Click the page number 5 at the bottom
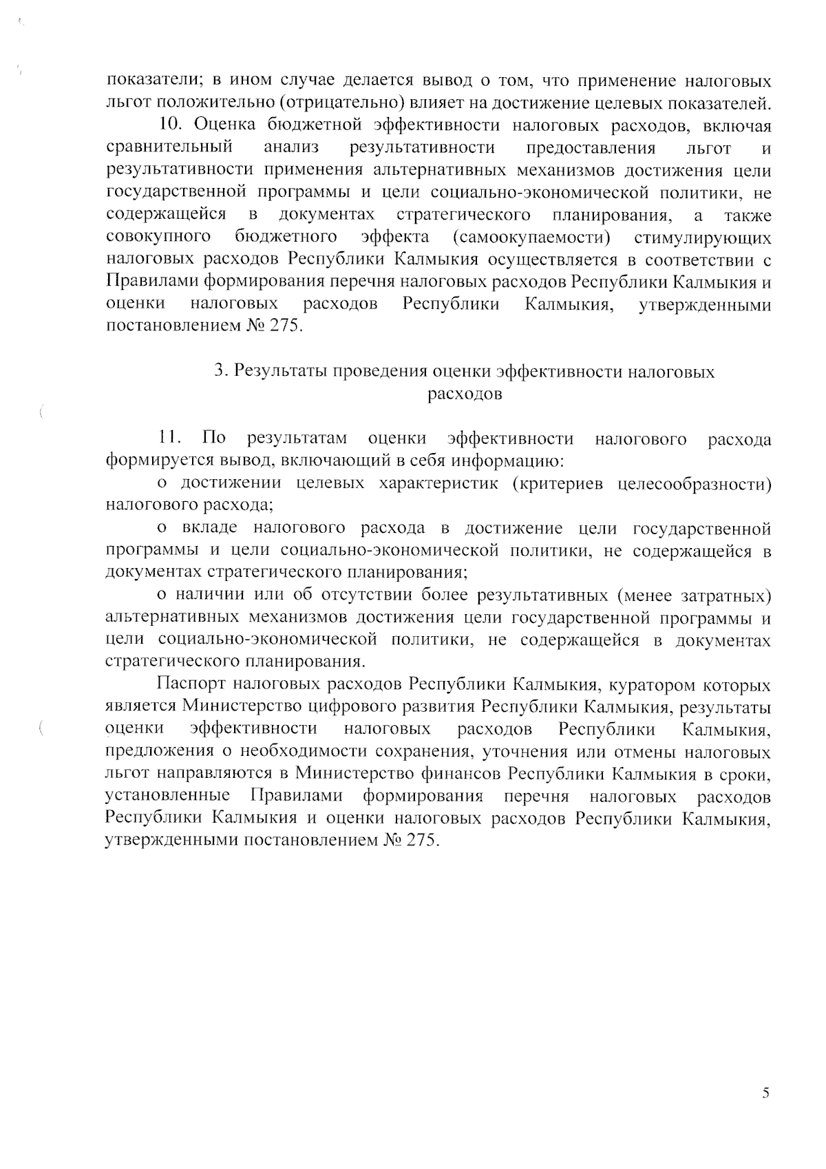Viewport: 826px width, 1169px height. tap(765, 1093)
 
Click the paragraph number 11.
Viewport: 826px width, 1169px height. tap(169, 439)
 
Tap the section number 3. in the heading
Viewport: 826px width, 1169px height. tap(220, 372)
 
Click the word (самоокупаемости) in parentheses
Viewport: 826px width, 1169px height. tap(532, 238)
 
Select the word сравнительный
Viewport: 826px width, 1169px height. tap(169, 148)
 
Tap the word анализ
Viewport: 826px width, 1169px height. tap(290, 148)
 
